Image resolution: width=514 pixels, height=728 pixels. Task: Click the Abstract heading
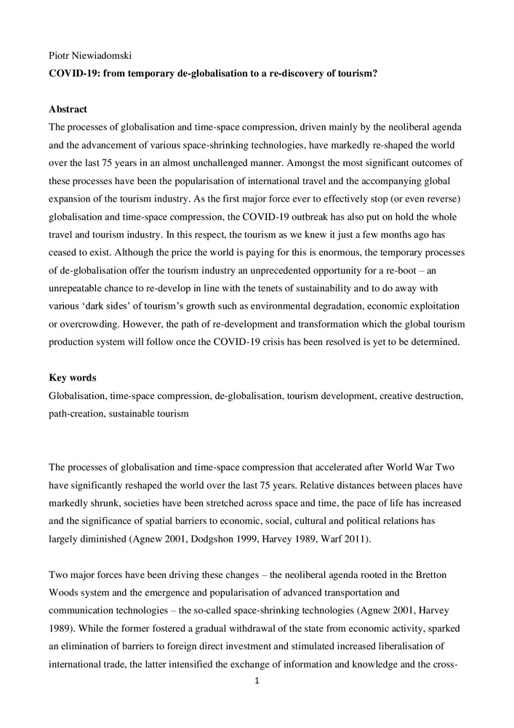[68, 109]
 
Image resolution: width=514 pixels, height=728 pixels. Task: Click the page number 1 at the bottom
[257, 681]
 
